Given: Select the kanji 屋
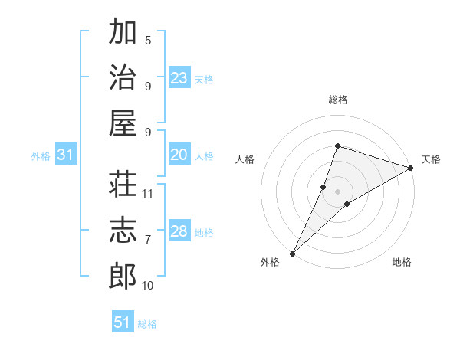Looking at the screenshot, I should [123, 123].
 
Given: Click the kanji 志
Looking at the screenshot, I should [123, 231].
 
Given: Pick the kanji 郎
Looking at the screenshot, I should [123, 277].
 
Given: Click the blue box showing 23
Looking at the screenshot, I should [179, 78].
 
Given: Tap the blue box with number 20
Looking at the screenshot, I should [179, 155].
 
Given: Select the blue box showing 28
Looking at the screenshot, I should [179, 231].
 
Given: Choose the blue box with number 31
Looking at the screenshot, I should [66, 155].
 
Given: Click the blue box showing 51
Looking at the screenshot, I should [123, 322].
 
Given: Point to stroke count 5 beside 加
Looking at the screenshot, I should [148, 41].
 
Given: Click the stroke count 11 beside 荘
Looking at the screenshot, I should [149, 194].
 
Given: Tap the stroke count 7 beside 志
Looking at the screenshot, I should [148, 240].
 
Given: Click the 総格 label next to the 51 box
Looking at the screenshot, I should [147, 324].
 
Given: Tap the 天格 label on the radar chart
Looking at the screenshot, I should [431, 159].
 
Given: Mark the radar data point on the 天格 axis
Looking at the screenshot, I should [411, 169].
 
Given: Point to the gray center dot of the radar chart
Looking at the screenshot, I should [338, 191].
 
